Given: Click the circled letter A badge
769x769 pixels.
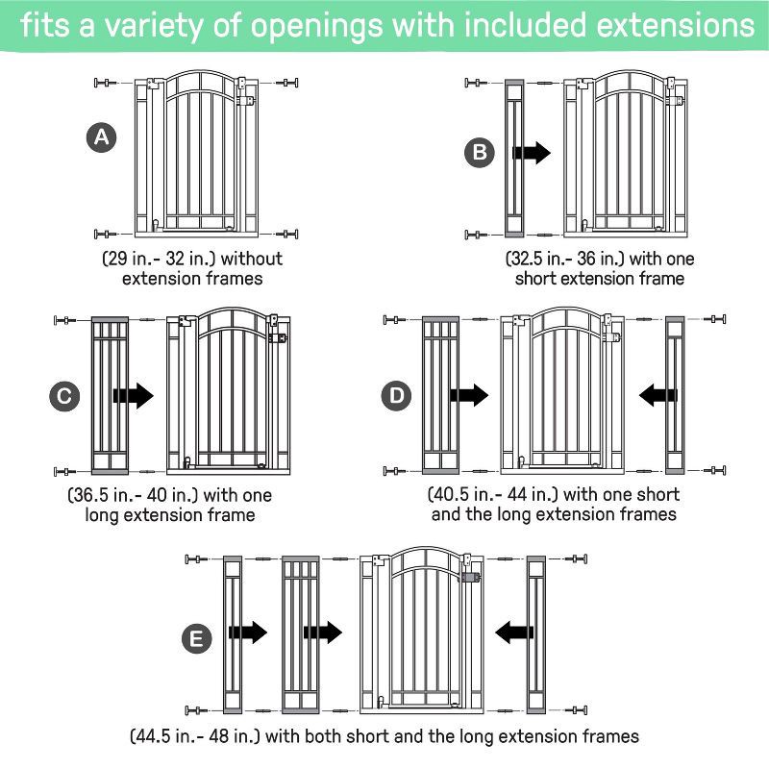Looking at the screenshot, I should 101,137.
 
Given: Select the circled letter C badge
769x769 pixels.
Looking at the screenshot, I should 63,394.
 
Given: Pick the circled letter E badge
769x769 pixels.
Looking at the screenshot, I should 198,639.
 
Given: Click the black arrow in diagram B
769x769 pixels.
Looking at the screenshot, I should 532,152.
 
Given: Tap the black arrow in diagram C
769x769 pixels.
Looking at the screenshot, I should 133,394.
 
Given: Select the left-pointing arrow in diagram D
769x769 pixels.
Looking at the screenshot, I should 657,394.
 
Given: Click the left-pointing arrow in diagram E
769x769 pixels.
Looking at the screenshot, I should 513,632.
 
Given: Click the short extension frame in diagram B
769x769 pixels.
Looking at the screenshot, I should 512,160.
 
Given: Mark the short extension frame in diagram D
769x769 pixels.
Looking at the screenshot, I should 673,394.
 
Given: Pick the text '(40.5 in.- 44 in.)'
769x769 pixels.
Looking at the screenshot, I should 493,494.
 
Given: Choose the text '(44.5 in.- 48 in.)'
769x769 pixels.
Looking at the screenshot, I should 195,736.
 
